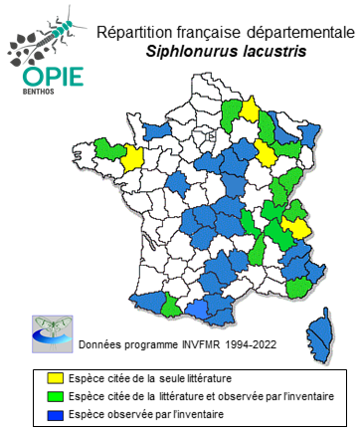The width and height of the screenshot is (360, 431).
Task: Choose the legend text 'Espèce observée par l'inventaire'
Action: click(x=138, y=412)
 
